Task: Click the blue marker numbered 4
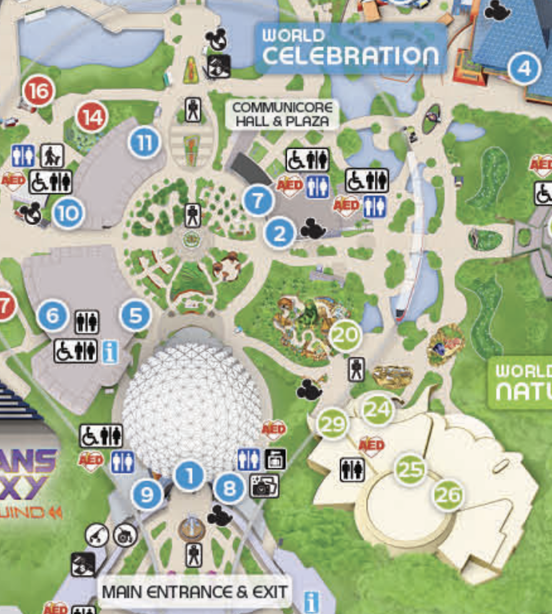[524, 69]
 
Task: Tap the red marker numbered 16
[38, 91]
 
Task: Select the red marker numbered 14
[92, 117]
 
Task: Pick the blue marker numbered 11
[144, 143]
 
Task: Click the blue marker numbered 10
[68, 213]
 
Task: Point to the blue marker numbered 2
[280, 233]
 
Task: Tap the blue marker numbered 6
[53, 315]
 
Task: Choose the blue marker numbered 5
[136, 315]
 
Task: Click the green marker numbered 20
[345, 335]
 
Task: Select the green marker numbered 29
[332, 424]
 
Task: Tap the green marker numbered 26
[448, 495]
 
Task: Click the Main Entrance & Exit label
[194, 592]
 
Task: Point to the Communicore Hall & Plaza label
[282, 114]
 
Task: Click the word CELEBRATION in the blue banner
[350, 56]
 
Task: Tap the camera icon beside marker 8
[264, 486]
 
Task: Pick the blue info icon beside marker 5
[110, 352]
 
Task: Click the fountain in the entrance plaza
[192, 529]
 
